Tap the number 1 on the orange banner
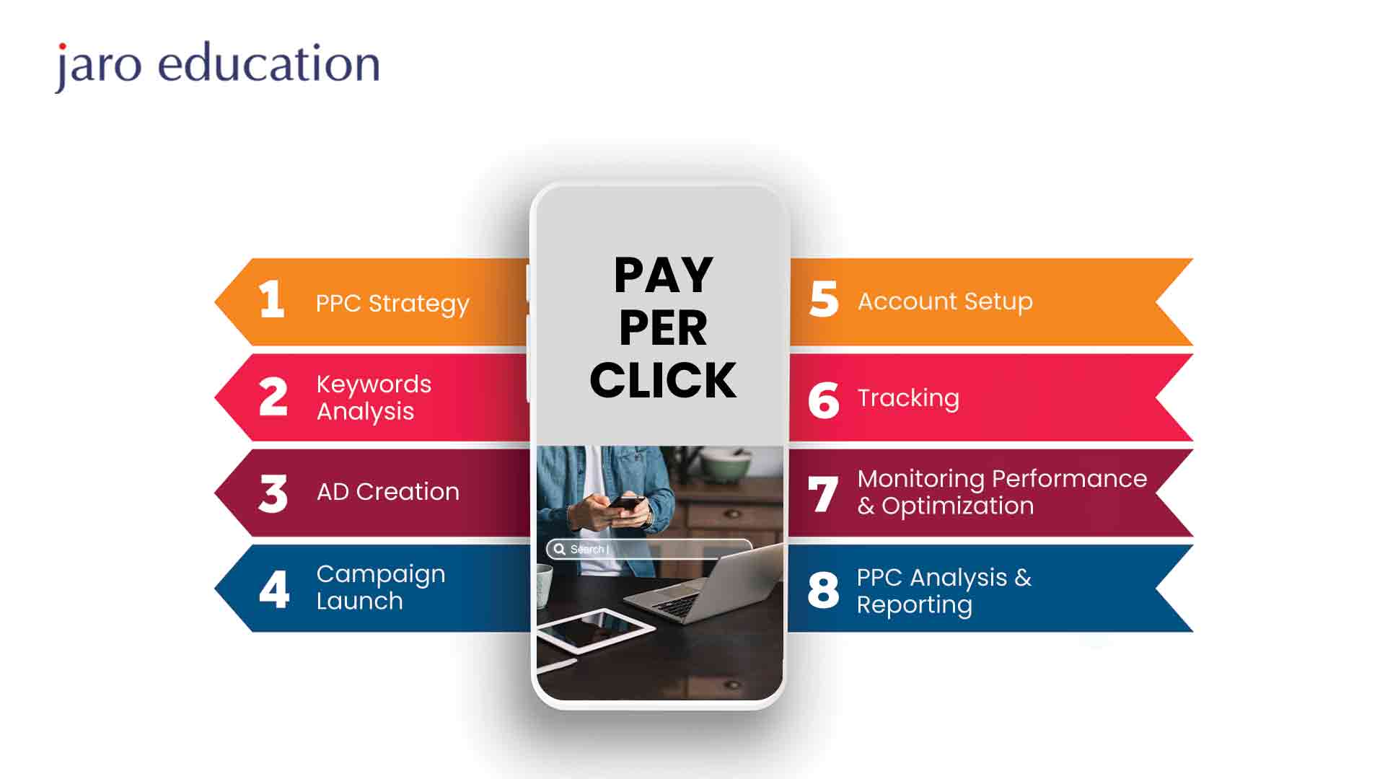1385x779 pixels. (x=271, y=299)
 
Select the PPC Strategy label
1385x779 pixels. (x=392, y=304)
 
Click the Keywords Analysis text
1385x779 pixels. (x=374, y=397)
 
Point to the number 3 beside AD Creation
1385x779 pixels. (x=273, y=494)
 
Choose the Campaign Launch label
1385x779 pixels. (x=381, y=587)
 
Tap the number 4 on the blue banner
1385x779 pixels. (x=274, y=590)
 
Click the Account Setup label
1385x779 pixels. (x=945, y=302)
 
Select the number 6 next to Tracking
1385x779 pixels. (x=824, y=400)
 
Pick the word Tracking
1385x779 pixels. (x=908, y=398)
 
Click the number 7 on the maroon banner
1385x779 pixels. (x=823, y=494)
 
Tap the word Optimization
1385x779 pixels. (x=958, y=506)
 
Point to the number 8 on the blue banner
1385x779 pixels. (x=824, y=590)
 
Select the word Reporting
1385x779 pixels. (x=915, y=605)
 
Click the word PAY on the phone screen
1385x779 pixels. (x=664, y=275)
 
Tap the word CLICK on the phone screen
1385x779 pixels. (x=664, y=380)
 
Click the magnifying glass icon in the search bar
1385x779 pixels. (x=560, y=549)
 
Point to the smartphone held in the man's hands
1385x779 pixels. (x=626, y=503)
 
